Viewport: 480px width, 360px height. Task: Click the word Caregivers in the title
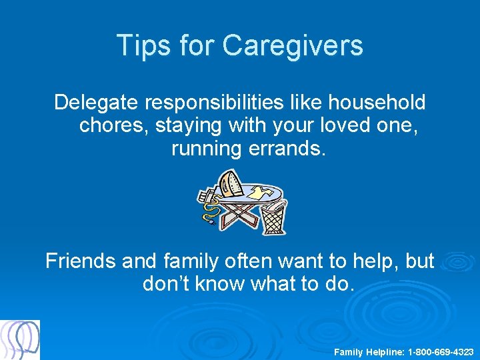click(x=293, y=45)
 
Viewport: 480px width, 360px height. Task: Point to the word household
click(x=373, y=103)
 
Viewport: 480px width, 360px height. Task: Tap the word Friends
click(x=81, y=261)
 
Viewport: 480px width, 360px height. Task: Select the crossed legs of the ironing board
click(x=240, y=213)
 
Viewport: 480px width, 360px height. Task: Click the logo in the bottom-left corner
click(x=20, y=339)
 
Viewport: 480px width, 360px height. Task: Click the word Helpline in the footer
click(x=385, y=351)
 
